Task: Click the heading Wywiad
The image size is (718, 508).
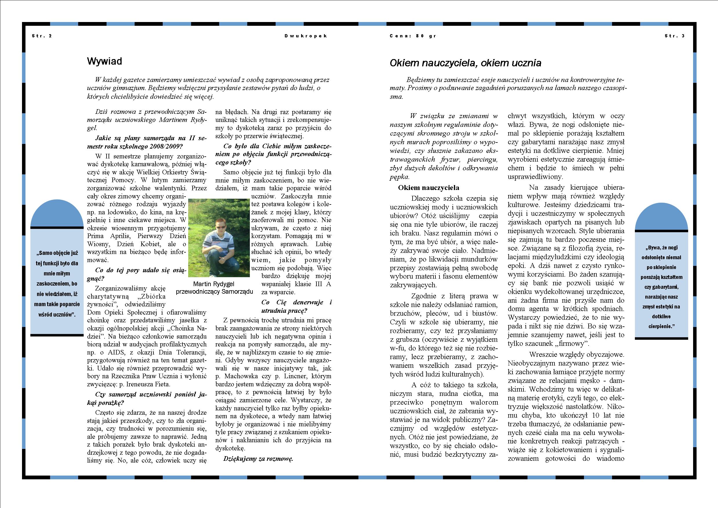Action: point(105,61)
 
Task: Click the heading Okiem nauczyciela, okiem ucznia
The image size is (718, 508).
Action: point(465,63)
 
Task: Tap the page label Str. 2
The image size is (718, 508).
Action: point(42,36)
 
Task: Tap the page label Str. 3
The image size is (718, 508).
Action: point(675,36)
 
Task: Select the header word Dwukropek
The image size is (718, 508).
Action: point(306,36)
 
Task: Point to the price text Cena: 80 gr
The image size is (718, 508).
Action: point(413,36)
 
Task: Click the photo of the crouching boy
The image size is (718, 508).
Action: point(219,238)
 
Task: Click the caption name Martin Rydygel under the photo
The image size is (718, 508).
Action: point(214,284)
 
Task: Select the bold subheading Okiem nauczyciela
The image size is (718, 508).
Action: point(428,188)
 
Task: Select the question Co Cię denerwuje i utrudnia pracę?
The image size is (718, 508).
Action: point(296,306)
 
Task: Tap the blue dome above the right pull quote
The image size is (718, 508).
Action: point(661,218)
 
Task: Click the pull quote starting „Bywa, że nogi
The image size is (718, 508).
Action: point(661,286)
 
